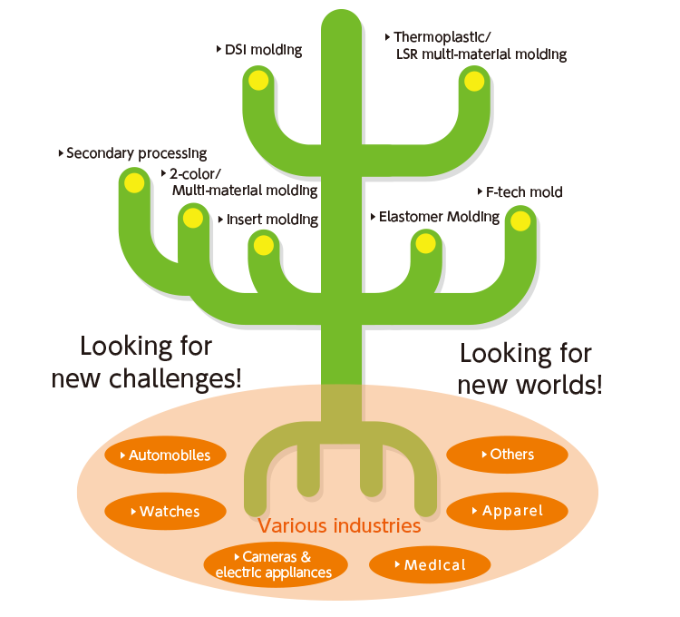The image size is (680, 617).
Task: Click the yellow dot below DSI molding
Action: coord(258,81)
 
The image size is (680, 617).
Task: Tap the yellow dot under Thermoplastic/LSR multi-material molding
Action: coord(473,82)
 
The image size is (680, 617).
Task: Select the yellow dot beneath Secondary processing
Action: coord(134,182)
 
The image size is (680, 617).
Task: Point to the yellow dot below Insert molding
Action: coord(263,245)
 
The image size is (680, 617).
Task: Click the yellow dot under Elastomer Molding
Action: coord(424,243)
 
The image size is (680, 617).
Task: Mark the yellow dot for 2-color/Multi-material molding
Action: coord(191,218)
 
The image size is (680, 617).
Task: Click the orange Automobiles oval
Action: coord(164,455)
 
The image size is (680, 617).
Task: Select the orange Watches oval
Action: coord(164,512)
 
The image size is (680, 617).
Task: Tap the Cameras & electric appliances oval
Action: coord(273,564)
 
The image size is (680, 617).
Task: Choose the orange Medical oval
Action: coord(430,565)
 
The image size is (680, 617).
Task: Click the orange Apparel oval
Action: coord(508,511)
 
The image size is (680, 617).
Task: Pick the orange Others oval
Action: coord(507,455)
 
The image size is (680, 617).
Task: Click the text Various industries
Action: coord(339,526)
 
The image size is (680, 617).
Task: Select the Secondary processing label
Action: coord(136,153)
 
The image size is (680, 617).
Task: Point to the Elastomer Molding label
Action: coord(439,217)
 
